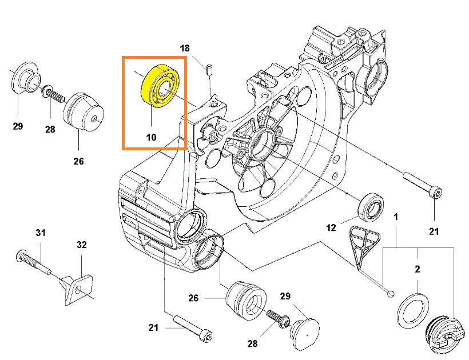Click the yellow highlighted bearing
pos(160,85)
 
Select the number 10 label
pos(151,137)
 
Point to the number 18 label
pos(185,48)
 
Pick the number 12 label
pos(331,228)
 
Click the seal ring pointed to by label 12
pos(371,207)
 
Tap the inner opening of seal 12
pos(373,209)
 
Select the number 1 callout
pos(396,217)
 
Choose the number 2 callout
pos(418,269)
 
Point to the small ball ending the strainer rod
pos(391,294)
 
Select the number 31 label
pos(41,233)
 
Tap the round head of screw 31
pos(20,256)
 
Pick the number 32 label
pos(82,245)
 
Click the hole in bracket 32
pos(78,290)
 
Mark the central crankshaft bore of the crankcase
pos(263,145)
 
